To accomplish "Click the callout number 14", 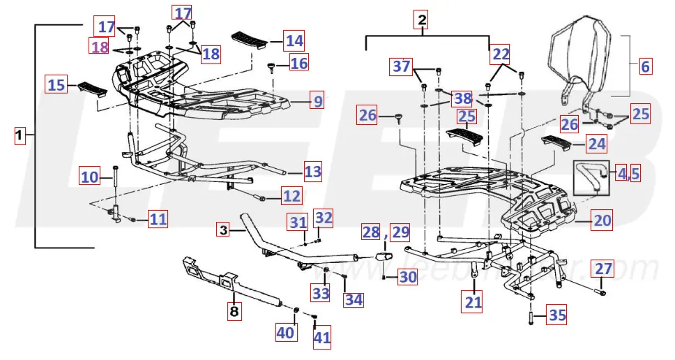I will [294, 40].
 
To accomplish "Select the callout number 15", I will [56, 85].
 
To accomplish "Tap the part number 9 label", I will [318, 101].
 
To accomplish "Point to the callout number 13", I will [313, 170].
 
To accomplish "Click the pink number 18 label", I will [100, 47].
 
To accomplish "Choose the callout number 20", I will [602, 221].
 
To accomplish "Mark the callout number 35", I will [556, 315].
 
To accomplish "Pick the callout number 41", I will [321, 338].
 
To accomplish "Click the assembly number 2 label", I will [421, 21].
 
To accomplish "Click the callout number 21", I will [474, 302].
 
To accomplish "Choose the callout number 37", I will [402, 67].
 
